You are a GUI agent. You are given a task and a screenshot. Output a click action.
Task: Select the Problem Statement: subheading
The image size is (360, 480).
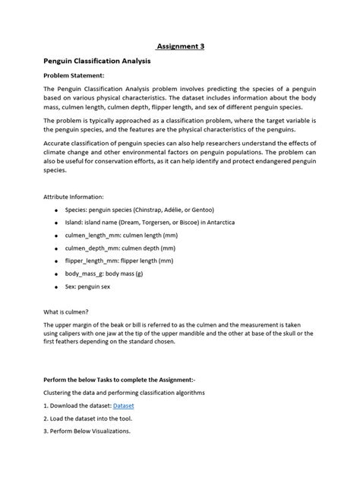pyautogui.click(x=73, y=76)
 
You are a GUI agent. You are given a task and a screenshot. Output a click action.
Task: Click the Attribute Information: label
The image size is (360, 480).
pyautogui.click(x=78, y=196)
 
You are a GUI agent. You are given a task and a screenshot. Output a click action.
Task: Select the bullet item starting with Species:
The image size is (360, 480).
pyautogui.click(x=139, y=210)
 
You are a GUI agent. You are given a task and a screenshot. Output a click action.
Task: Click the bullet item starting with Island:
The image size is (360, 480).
pyautogui.click(x=150, y=223)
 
